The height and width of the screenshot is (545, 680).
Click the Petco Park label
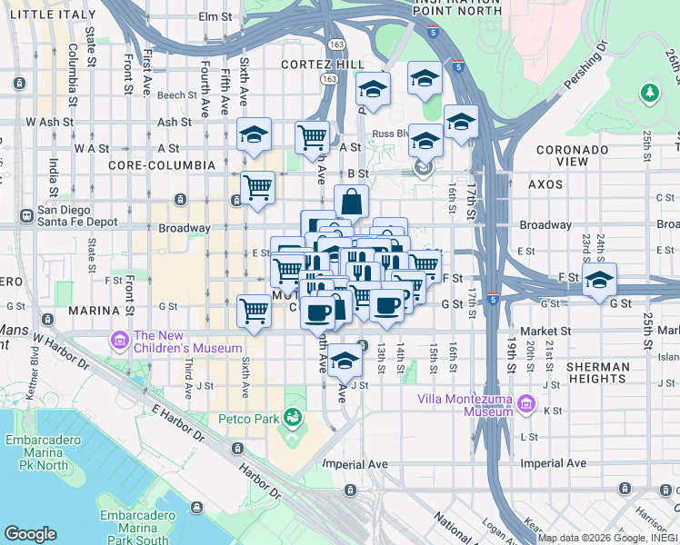pos(248,419)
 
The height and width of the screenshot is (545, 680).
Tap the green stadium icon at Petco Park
pos(293,418)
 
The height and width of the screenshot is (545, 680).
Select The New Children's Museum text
pos(188,342)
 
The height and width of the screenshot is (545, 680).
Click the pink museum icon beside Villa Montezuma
pos(525,405)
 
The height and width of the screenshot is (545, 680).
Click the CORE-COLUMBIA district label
pos(161,165)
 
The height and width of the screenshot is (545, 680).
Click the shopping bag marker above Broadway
pos(351,202)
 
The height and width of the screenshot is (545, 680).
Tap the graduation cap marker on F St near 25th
pos(599,279)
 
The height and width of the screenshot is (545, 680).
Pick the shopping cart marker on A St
pos(312,138)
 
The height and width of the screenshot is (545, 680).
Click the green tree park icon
pos(649,93)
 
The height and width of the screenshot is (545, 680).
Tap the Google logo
pos(31,533)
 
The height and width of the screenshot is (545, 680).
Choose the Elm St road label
pos(215,17)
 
